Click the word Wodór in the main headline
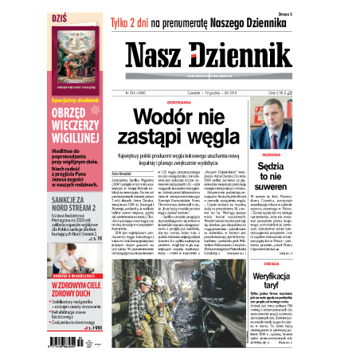tap(163, 118)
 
